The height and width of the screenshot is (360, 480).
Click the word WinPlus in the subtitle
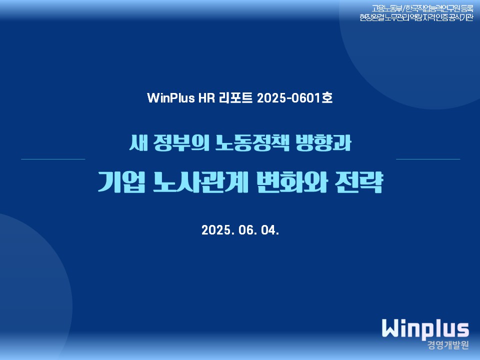coord(171,98)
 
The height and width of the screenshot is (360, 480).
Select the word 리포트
coord(235,98)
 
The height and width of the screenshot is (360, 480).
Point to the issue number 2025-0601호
coord(295,98)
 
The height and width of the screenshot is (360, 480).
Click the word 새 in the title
coord(138,142)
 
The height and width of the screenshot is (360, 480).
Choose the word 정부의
coord(181,142)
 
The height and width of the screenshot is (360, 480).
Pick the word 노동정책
coord(252,142)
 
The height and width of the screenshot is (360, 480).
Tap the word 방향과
coord(323,142)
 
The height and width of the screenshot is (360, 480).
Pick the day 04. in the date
coord(270,230)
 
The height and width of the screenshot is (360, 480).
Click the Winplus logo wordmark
coord(425,329)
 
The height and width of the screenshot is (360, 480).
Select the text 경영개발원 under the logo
coord(448,345)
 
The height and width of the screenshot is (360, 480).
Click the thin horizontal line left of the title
coord(53,159)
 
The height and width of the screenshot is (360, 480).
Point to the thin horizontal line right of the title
coord(428,159)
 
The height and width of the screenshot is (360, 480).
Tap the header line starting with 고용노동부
coord(422,8)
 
